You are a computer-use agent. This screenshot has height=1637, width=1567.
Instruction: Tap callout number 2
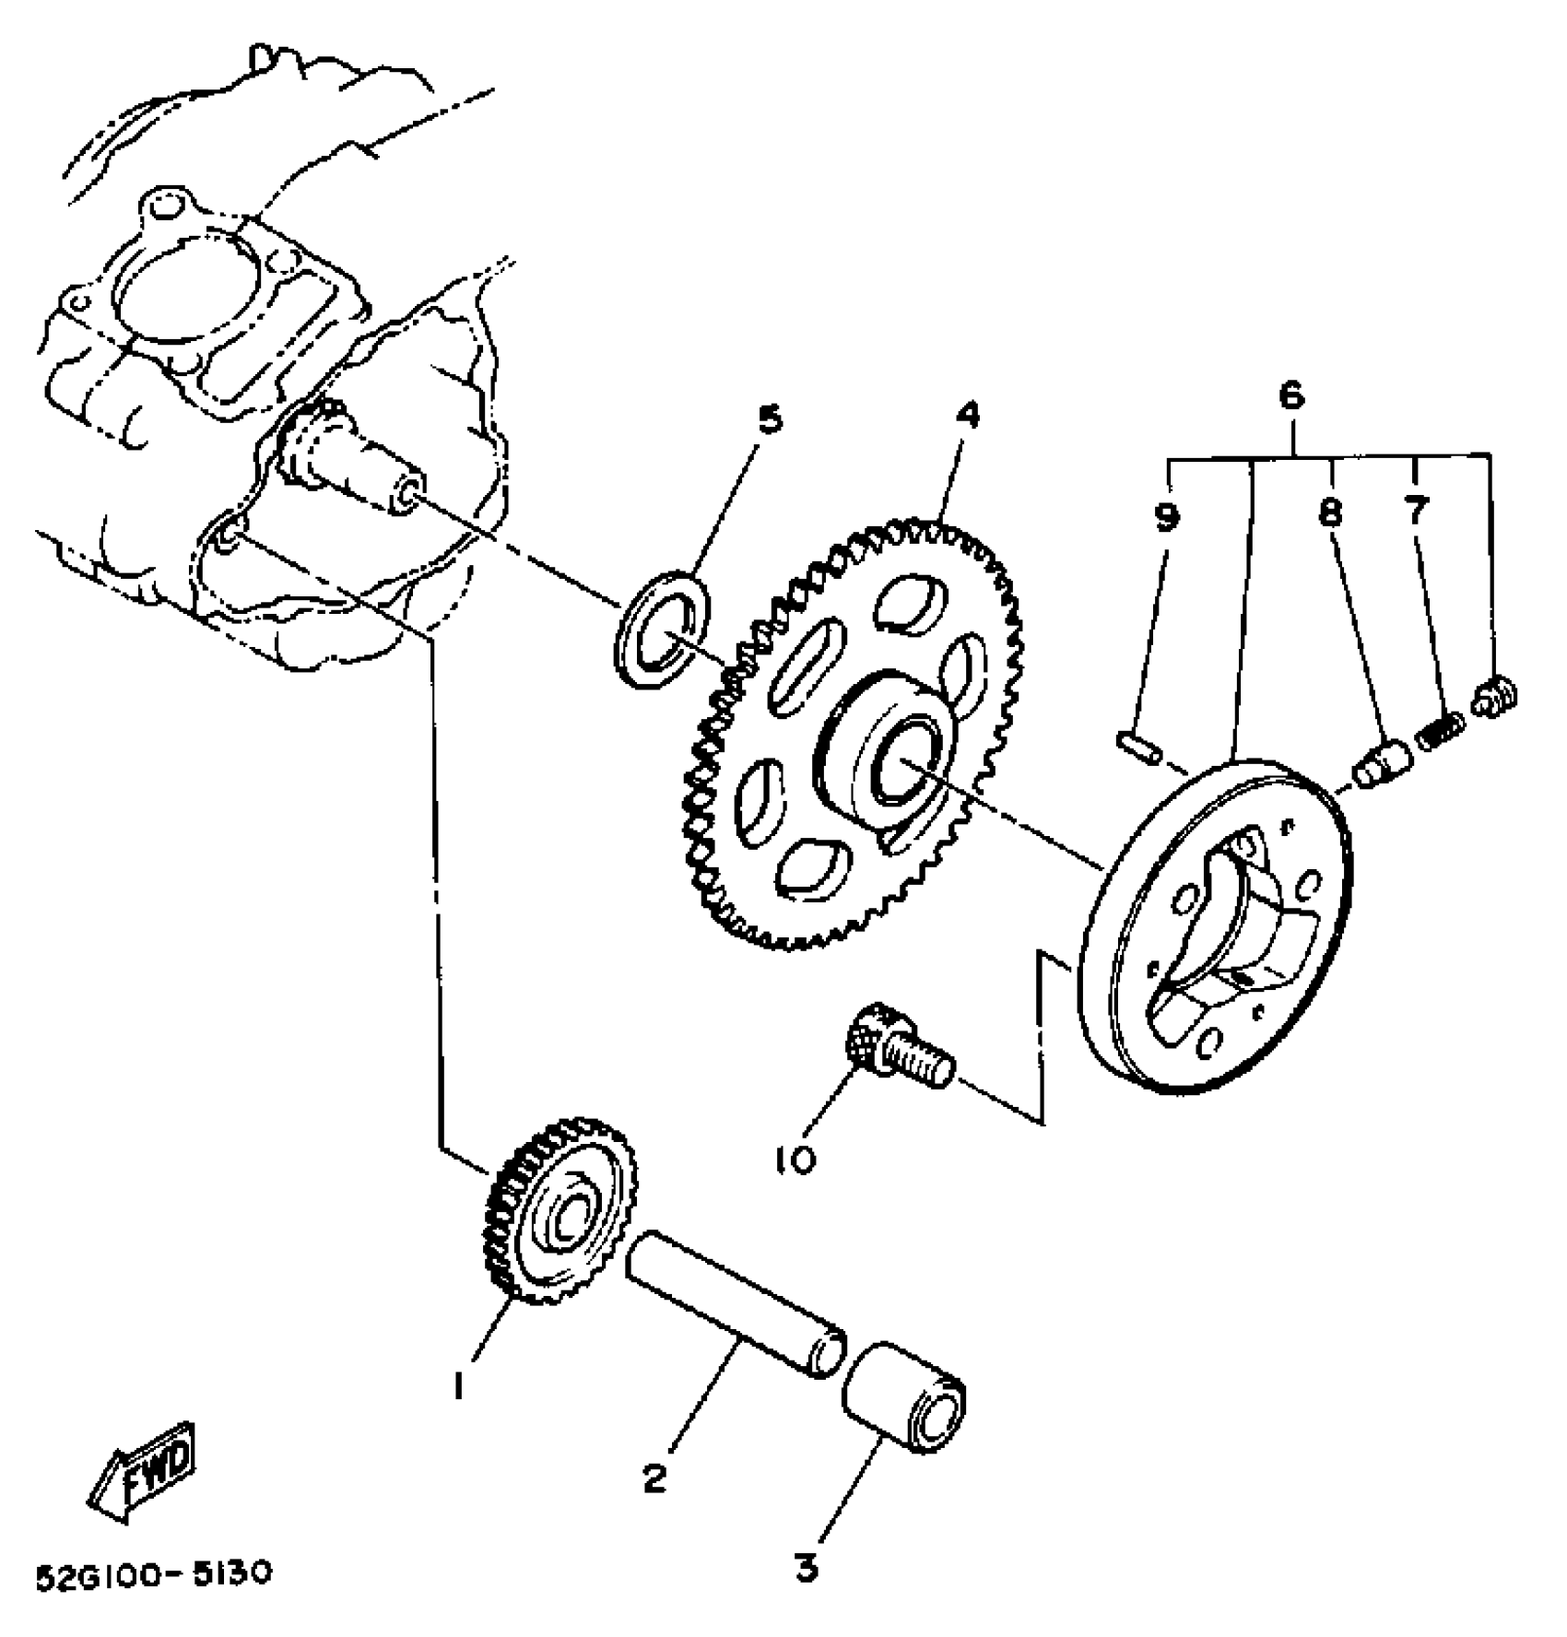(654, 1479)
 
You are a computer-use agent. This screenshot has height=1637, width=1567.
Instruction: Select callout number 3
(807, 1568)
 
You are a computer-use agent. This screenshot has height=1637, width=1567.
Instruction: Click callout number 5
(768, 420)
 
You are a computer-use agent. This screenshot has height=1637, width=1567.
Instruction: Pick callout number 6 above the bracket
(1291, 396)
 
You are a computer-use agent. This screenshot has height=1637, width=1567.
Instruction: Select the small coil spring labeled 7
(1441, 731)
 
